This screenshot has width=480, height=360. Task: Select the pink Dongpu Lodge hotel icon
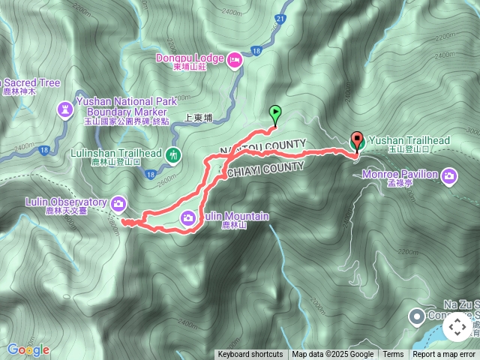pos(234,58)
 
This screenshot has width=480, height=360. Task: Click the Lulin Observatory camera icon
pos(118,202)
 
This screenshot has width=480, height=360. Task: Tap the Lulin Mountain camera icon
pos(189,217)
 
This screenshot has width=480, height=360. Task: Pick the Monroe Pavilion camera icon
pos(449,176)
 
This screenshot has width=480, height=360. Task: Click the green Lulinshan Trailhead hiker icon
pos(174,154)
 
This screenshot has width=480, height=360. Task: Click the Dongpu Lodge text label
pos(190,58)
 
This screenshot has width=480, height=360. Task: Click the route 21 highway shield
pos(280,18)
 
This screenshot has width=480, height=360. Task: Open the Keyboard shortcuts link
pos(250,355)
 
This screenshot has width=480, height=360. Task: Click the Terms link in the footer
pos(393,355)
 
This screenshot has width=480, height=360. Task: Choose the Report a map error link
pos(445,355)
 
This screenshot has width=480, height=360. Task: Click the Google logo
pos(28,349)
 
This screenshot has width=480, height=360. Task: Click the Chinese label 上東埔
pos(199,118)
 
